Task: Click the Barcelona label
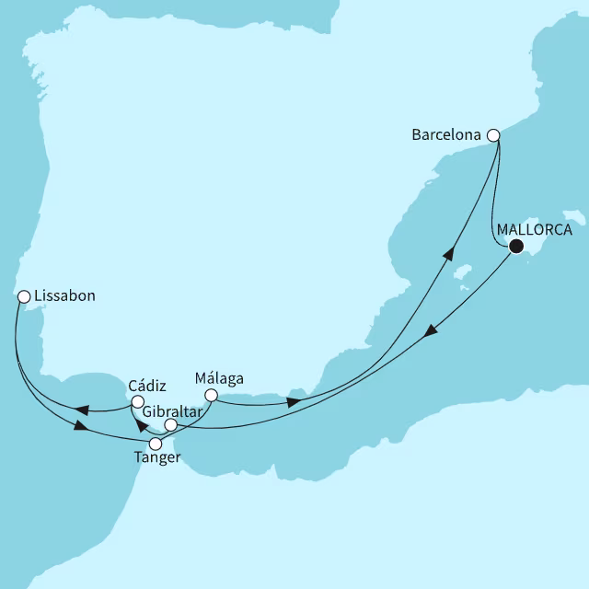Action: [x=447, y=135]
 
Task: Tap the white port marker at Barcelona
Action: [x=493, y=135]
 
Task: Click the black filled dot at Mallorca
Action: [x=515, y=246]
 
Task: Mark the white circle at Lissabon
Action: [x=24, y=296]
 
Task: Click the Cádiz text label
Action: [x=147, y=386]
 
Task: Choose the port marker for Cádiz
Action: [x=136, y=401]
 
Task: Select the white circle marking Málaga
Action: [x=210, y=396]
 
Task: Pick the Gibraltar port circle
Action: [x=170, y=425]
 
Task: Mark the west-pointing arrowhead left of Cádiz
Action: [x=81, y=410]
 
